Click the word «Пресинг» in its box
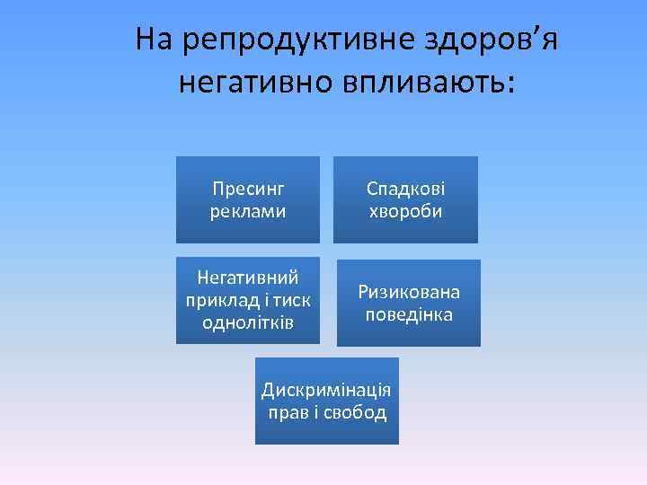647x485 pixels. [x=248, y=190]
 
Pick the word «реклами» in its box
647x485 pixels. [x=248, y=212]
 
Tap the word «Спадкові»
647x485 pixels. [x=405, y=190]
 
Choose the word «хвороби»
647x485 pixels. [x=405, y=212]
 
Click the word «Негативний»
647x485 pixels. [x=248, y=276]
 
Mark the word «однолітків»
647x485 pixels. [x=248, y=322]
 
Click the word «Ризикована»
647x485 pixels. [x=409, y=292]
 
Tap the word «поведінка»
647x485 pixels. [x=409, y=315]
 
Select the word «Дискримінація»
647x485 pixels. [x=326, y=391]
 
